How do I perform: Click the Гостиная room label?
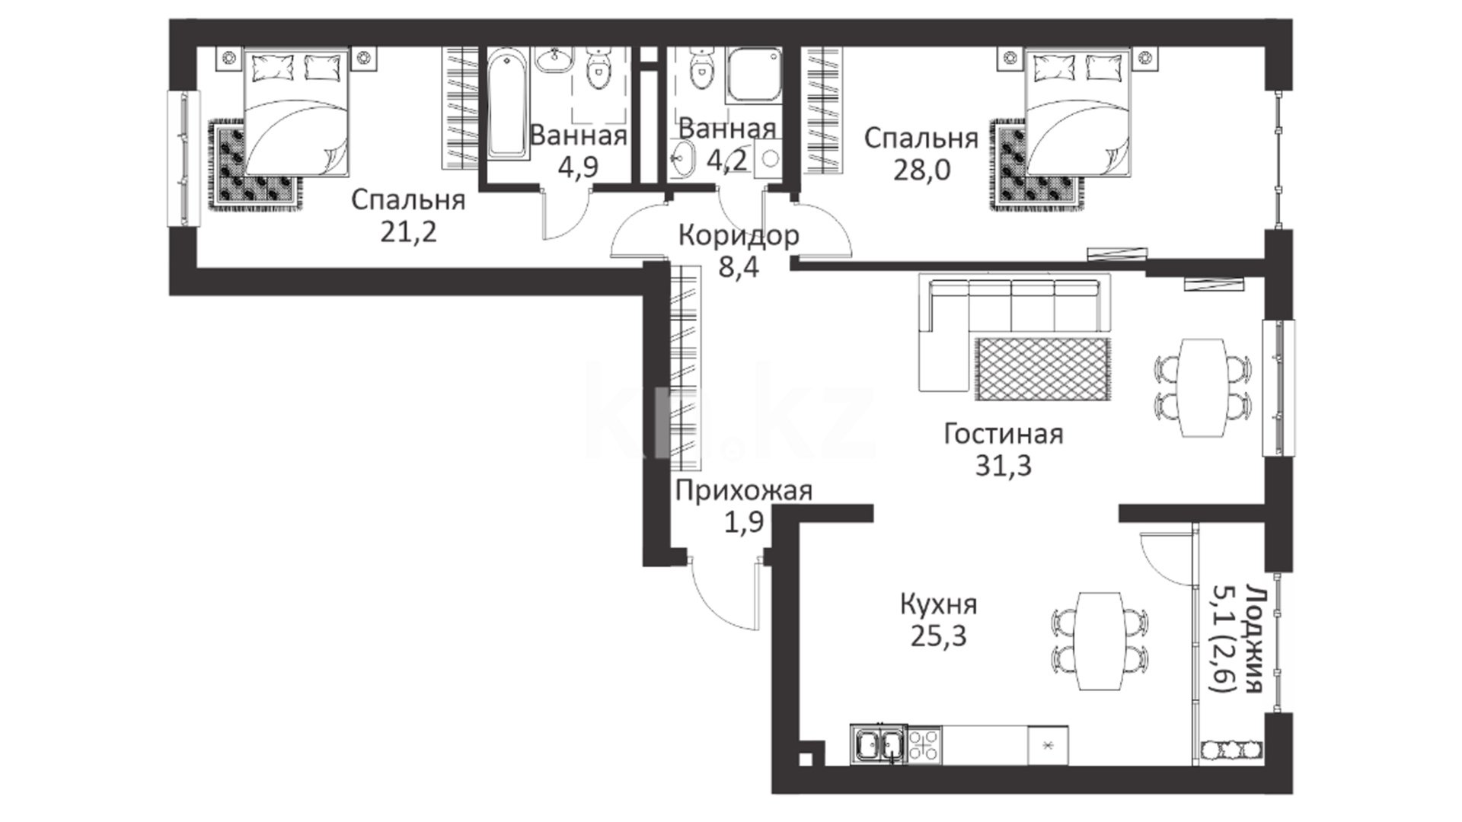1003,435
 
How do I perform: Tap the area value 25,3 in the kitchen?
938,635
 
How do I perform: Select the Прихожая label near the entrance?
743,491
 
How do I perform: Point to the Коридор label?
739,235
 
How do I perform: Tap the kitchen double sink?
879,744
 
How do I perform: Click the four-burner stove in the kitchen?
924,744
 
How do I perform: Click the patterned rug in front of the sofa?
1041,368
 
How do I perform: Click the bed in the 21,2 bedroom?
296,113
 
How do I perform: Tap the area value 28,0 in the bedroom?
921,170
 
